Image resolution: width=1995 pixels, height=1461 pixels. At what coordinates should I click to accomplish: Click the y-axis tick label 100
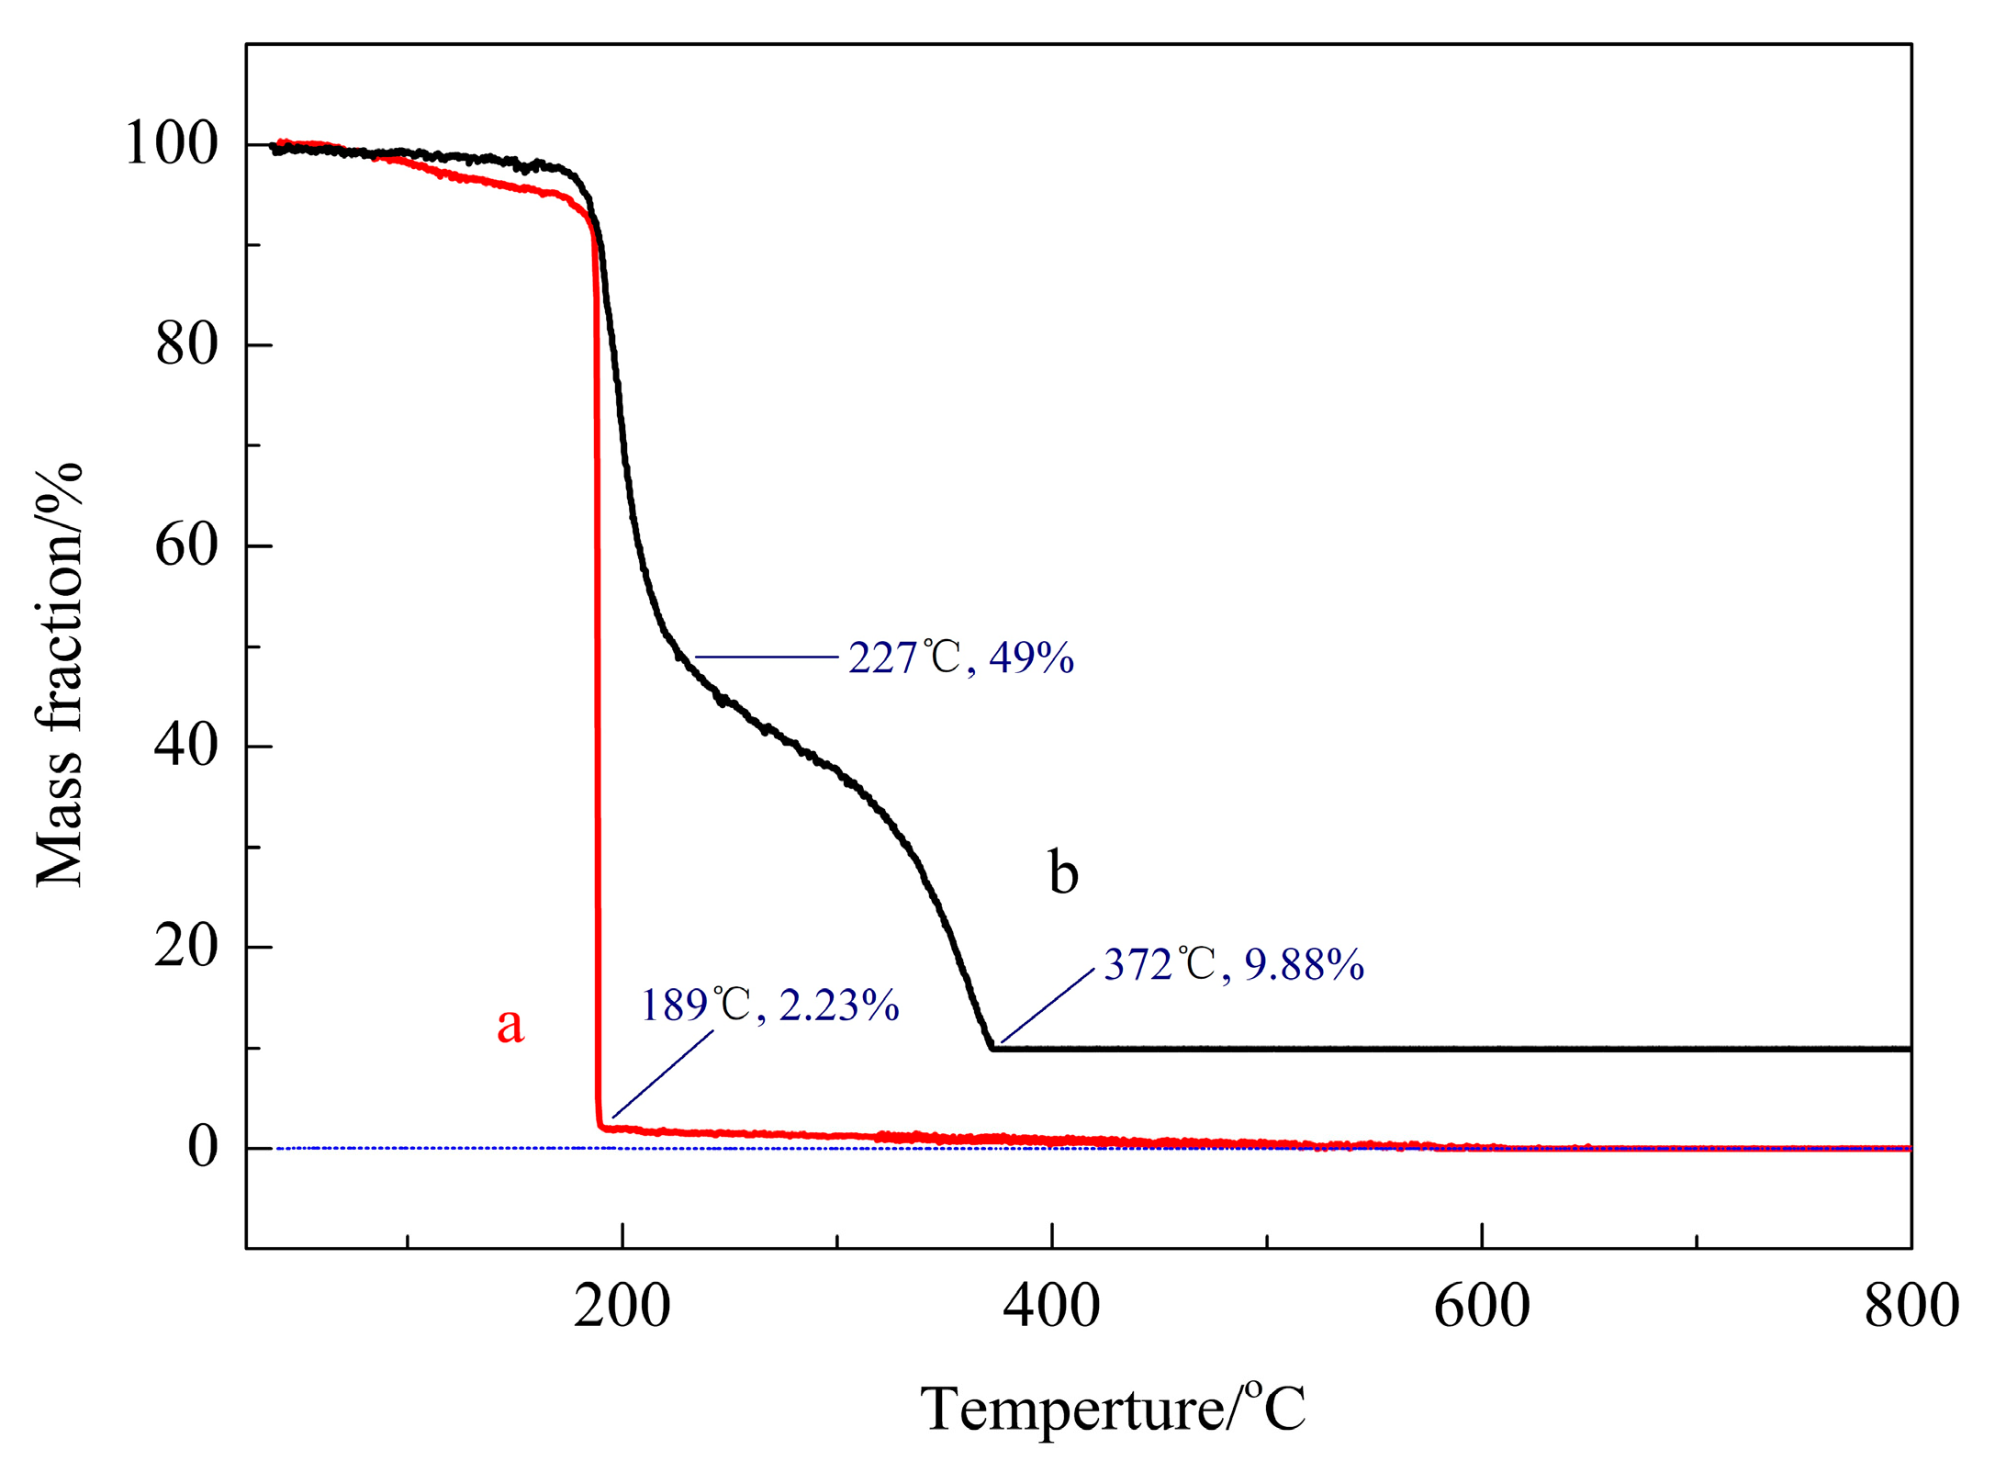tap(172, 144)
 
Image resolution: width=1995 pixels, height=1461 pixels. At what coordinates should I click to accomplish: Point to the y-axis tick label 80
tap(187, 345)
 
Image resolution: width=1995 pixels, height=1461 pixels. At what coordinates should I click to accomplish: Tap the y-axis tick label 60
tap(187, 545)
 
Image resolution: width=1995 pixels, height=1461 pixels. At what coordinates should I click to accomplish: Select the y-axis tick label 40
tap(187, 746)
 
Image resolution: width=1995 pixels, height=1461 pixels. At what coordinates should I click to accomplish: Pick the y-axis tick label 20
tap(187, 946)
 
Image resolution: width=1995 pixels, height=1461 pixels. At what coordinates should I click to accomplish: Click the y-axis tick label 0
tap(203, 1147)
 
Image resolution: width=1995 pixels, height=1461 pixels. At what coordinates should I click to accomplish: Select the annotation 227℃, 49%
tap(960, 657)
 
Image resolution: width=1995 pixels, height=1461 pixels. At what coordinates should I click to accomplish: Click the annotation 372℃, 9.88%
tap(1233, 964)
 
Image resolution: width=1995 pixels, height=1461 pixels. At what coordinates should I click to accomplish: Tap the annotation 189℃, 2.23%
tap(769, 1006)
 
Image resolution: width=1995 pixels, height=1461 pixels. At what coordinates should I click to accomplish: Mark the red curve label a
tap(510, 1024)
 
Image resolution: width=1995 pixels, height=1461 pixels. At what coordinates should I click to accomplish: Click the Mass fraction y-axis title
tap(59, 675)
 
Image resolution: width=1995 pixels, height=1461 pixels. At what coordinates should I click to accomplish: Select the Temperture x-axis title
tap(1112, 1410)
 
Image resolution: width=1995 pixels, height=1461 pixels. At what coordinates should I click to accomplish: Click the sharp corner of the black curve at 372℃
tap(992, 1048)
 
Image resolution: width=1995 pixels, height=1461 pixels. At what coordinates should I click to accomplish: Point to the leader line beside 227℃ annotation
tap(767, 657)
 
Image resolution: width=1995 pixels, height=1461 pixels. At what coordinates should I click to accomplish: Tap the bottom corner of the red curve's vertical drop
tap(600, 1126)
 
